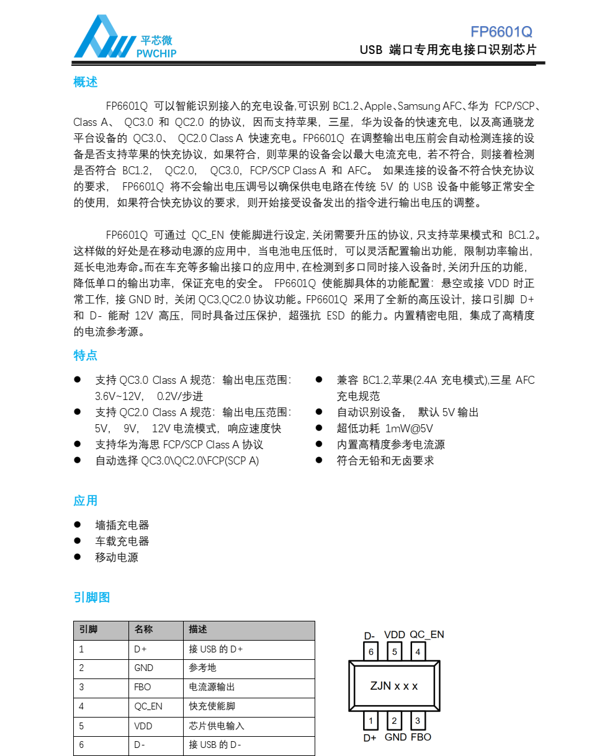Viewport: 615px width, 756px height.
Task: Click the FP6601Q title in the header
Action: [x=501, y=32]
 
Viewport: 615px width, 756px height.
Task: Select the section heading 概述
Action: [x=86, y=82]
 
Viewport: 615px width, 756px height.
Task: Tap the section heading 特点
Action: [x=86, y=355]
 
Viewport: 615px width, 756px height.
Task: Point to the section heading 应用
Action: [x=86, y=500]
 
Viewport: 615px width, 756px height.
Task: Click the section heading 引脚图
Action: [x=92, y=597]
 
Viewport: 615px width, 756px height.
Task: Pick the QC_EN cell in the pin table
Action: [x=148, y=706]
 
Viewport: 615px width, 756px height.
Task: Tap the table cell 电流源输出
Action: [x=212, y=687]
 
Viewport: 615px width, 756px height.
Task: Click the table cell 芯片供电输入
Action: [x=217, y=726]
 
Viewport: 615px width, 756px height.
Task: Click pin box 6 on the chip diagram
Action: [x=371, y=652]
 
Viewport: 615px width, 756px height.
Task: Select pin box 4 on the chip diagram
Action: [x=418, y=652]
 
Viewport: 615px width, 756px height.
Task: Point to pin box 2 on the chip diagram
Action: [x=394, y=721]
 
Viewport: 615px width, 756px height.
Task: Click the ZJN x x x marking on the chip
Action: [x=394, y=686]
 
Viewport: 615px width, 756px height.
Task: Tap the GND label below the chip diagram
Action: [x=395, y=737]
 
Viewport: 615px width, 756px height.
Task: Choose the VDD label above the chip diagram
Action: [x=395, y=634]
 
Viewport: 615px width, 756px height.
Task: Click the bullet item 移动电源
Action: [x=117, y=557]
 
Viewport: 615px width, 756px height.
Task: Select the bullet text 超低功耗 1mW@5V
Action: [x=385, y=429]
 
